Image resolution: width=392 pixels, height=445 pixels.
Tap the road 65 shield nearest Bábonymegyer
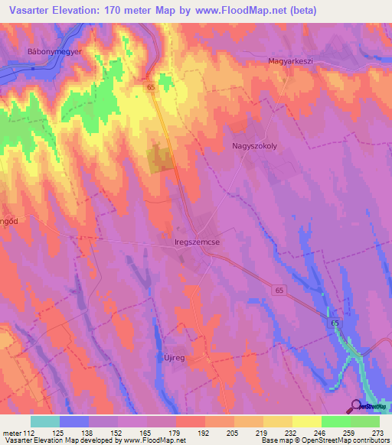(151, 88)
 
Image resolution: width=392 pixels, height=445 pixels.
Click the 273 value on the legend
(377, 434)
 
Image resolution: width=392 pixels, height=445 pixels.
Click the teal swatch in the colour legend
(45, 421)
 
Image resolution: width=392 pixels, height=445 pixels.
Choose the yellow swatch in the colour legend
(306, 421)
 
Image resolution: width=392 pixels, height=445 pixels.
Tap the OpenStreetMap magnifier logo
(356, 406)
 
